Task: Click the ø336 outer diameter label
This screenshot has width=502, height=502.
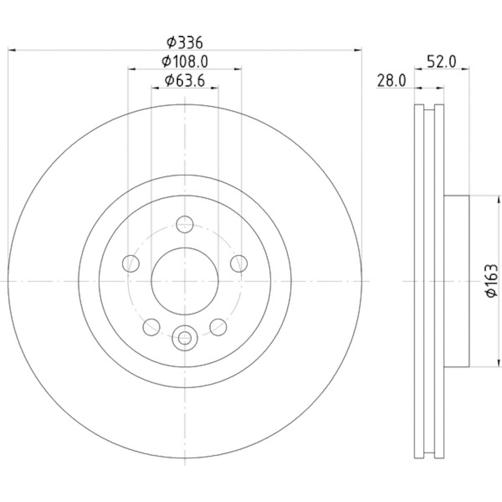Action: pos(185,43)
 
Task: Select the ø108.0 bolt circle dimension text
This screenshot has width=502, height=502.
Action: pos(185,61)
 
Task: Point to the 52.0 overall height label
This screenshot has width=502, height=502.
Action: pos(441,62)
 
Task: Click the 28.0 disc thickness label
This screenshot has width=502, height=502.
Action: pos(392,81)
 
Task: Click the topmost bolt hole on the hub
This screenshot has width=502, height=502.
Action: pos(185,224)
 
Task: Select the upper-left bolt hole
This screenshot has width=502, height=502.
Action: pos(131,263)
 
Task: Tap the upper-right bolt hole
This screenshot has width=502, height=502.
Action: pos(239,263)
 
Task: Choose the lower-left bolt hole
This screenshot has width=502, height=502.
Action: pos(151,327)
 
